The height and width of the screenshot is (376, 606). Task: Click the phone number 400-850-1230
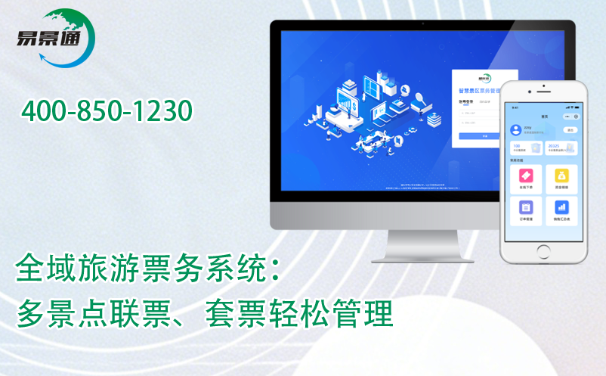click(x=107, y=111)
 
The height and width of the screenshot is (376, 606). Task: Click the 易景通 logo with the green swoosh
click(x=57, y=36)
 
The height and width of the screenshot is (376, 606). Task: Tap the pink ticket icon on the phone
click(x=526, y=176)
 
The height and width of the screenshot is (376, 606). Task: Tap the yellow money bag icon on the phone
click(x=561, y=176)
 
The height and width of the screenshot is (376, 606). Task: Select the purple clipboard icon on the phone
click(x=526, y=207)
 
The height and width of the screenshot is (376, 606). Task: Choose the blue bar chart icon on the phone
click(x=561, y=207)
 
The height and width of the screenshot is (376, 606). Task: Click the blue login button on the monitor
click(x=484, y=135)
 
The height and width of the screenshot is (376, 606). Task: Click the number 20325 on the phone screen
click(x=553, y=145)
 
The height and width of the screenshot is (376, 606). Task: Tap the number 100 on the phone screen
click(x=516, y=145)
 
